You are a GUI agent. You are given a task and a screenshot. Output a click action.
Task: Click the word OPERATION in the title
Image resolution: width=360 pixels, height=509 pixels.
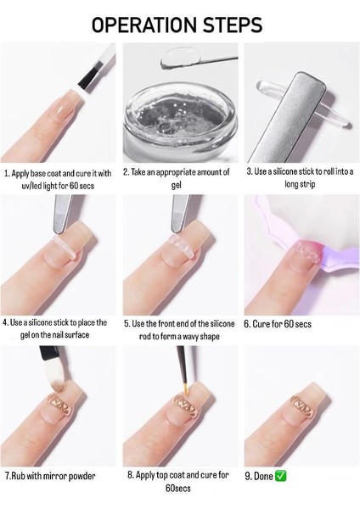144,25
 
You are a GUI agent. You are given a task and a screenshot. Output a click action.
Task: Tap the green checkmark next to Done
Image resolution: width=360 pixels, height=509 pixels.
281,476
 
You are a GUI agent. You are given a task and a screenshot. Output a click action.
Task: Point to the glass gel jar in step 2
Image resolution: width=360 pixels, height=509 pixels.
180,124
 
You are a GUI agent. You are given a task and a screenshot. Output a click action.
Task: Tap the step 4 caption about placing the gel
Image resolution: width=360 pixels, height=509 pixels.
54,328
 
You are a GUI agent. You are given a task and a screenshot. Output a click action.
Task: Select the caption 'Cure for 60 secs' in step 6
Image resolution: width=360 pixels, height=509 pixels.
278,324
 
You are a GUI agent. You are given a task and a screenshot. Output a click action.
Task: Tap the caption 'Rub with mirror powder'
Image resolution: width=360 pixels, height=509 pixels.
50,476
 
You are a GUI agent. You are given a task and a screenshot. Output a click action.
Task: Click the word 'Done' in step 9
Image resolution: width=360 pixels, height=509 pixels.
263,476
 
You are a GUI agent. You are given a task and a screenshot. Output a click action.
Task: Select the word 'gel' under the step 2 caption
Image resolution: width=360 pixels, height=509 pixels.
176,185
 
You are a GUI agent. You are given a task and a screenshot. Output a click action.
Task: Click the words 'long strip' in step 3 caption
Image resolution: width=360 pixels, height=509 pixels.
300,184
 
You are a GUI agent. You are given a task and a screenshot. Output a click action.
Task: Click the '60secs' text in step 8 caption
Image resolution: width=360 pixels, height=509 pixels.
178,488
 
